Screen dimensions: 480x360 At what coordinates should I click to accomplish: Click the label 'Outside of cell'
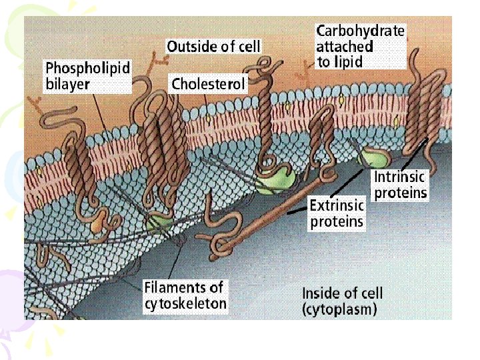[x=213, y=47]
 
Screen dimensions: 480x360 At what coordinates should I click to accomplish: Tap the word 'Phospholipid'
[x=87, y=68]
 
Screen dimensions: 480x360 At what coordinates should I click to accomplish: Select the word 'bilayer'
[x=67, y=85]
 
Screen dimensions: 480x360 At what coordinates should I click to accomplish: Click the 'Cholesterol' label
[x=209, y=84]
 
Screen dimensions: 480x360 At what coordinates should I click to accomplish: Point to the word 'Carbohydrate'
[x=360, y=31]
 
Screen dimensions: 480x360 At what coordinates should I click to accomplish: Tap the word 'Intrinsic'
[x=399, y=177]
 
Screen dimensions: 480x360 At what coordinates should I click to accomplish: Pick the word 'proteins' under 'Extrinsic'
[x=337, y=221]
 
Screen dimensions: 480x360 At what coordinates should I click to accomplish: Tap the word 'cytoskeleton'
[x=185, y=305]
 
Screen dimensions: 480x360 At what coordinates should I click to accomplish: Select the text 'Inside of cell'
[x=343, y=293]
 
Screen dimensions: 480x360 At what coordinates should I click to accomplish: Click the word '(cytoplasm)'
[x=339, y=309]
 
